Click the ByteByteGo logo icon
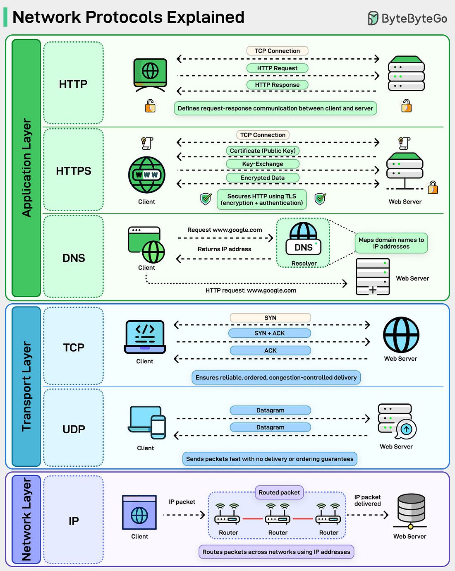[373, 18]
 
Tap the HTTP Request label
[277, 68]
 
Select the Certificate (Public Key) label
[263, 151]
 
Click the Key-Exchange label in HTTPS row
[263, 164]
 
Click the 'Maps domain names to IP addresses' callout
[391, 243]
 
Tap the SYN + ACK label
[270, 333]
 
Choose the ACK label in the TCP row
[270, 350]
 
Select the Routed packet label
[279, 492]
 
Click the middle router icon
[278, 515]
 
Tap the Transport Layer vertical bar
[26, 386]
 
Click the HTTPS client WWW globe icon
[147, 175]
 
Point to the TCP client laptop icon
[145, 336]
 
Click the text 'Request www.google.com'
[225, 230]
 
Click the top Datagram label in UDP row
[270, 410]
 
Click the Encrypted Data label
[263, 178]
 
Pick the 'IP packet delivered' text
[367, 500]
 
